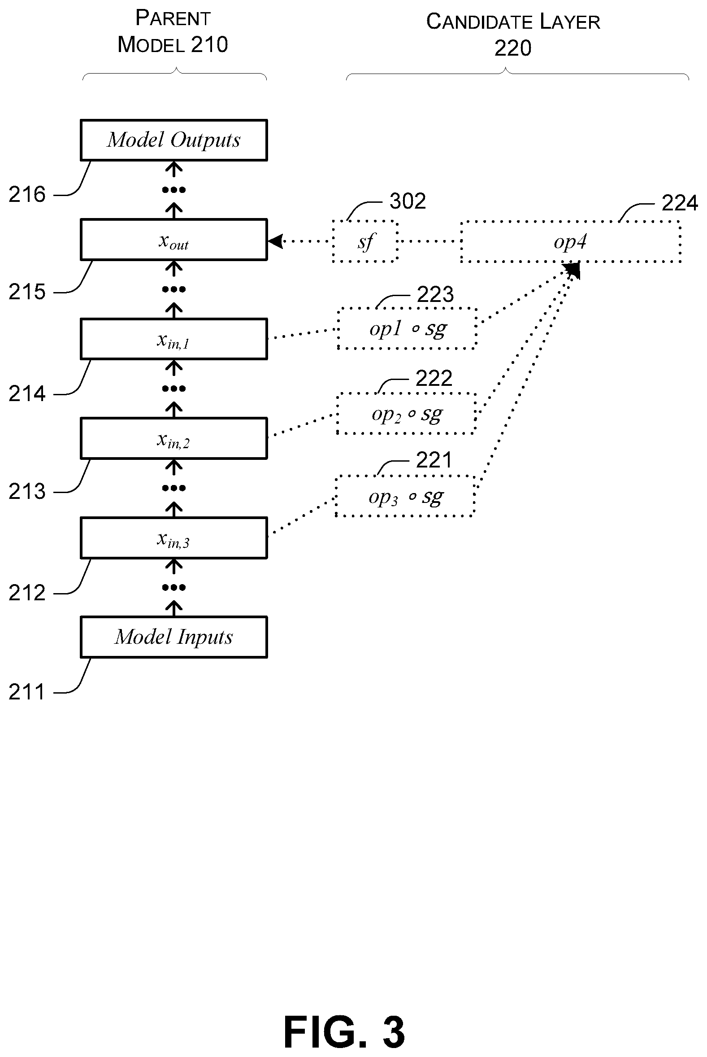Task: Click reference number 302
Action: coord(408,201)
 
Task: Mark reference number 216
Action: coord(27,194)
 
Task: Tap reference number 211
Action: coord(26,692)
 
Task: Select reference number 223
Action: coord(435,294)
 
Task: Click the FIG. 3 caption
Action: coord(344,1032)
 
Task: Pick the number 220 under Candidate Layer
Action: coord(513,48)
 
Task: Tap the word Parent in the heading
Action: coord(173,18)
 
